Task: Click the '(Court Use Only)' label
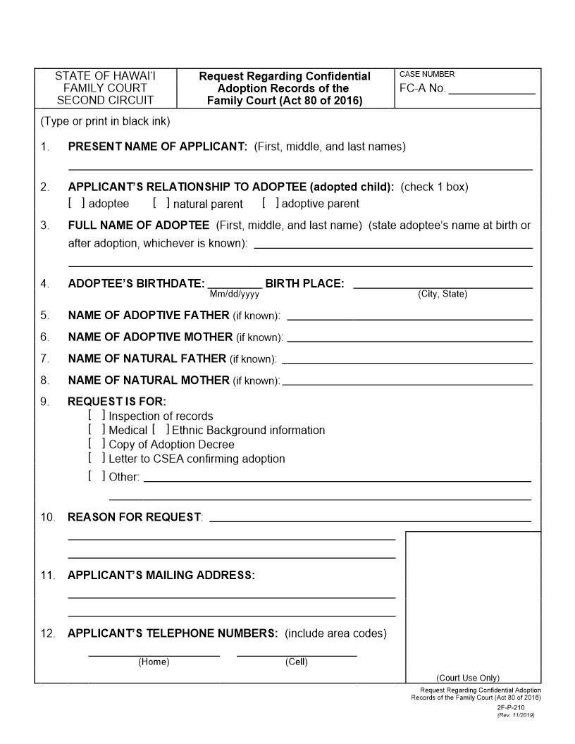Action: [x=468, y=678]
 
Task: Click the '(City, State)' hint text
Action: [x=443, y=294]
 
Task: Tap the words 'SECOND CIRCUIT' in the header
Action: [x=105, y=100]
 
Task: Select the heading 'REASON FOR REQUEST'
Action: [x=134, y=517]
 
